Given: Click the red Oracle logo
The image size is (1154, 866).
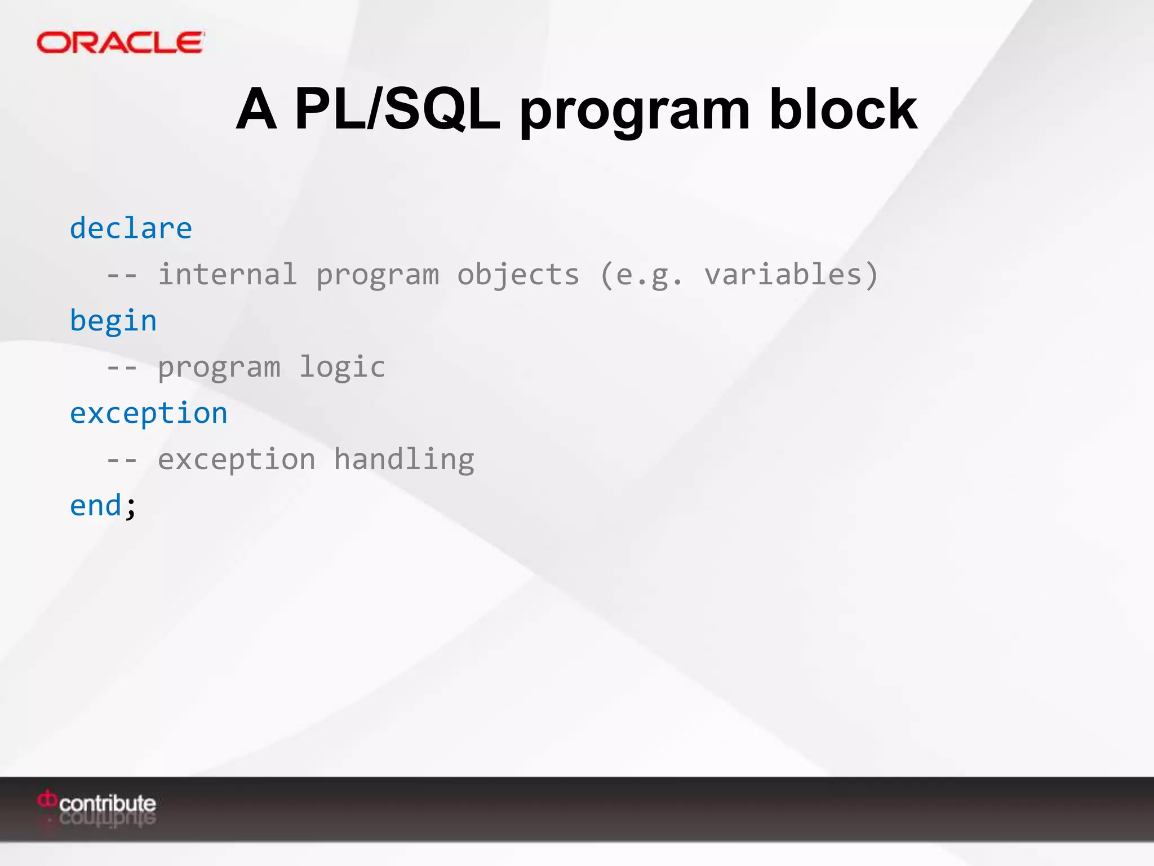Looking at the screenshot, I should click(x=120, y=43).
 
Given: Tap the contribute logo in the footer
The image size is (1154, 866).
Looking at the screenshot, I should click(x=97, y=803).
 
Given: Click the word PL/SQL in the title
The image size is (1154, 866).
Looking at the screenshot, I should click(x=397, y=109).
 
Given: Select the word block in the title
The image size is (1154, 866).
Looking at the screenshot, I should click(x=843, y=109).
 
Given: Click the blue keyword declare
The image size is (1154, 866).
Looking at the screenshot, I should click(x=131, y=229).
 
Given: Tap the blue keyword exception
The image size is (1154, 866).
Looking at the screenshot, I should click(x=149, y=414).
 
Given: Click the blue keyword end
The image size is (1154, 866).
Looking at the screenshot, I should click(x=96, y=506).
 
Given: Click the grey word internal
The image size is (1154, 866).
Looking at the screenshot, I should click(x=227, y=275).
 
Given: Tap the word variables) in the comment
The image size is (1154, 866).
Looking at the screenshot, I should click(x=791, y=275).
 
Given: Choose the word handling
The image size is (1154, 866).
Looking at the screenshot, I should click(x=404, y=459).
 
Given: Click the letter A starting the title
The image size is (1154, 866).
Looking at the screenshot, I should click(x=256, y=109).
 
